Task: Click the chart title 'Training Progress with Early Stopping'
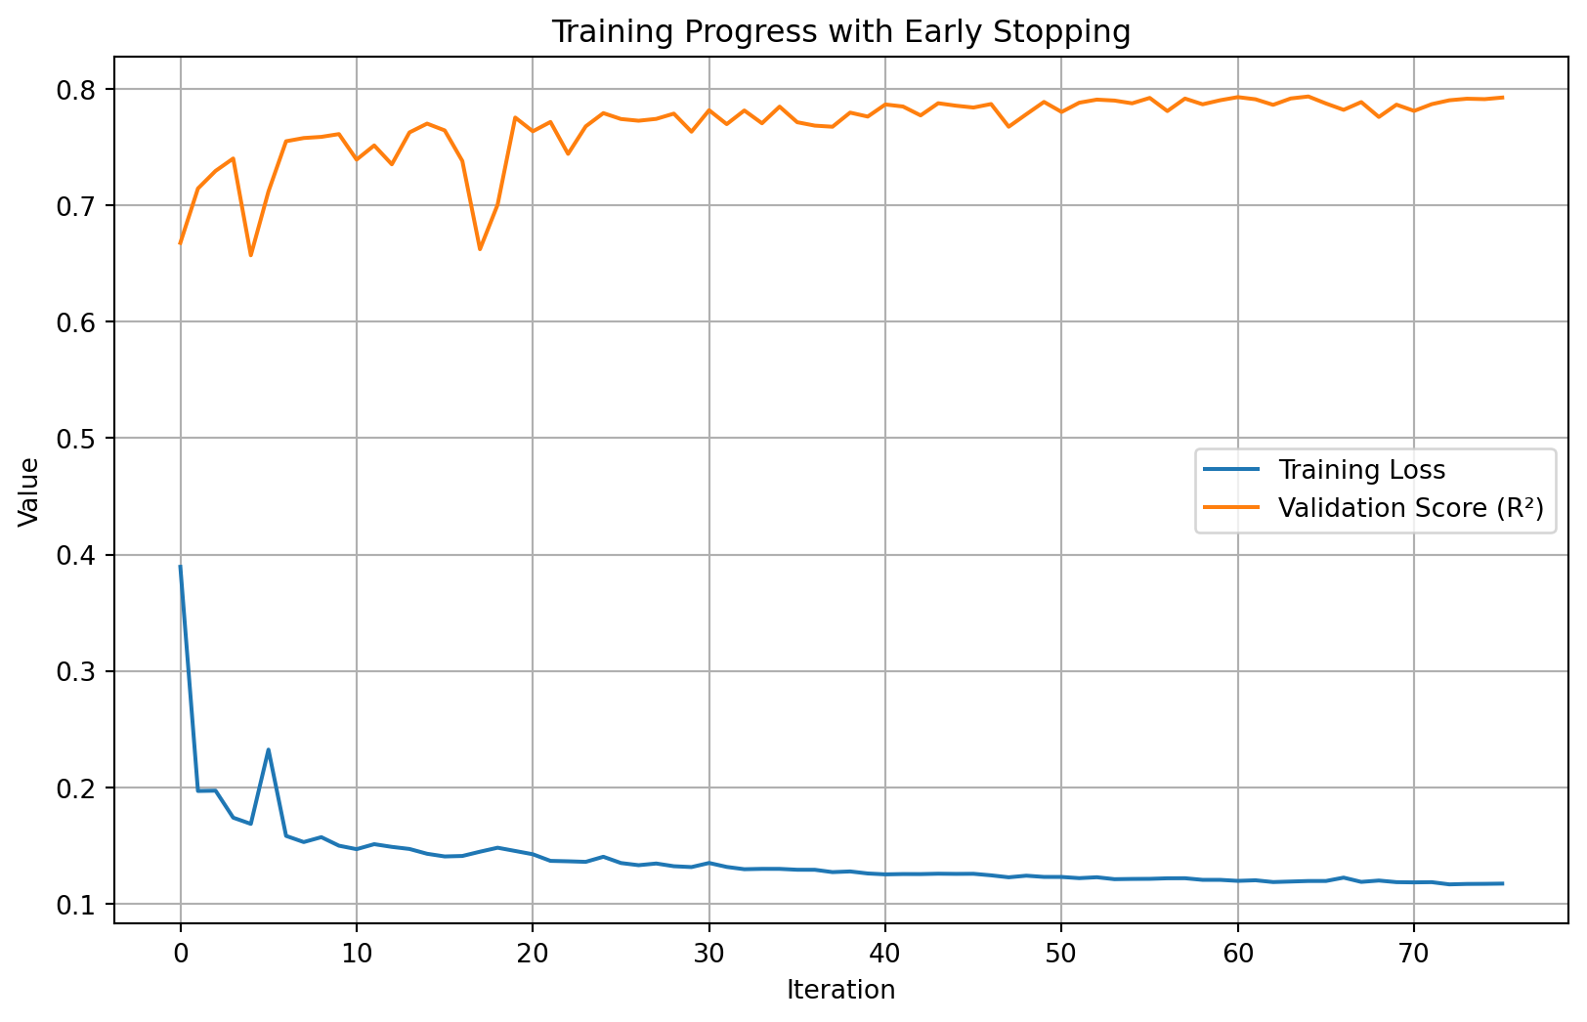840,32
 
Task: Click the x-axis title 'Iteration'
840,991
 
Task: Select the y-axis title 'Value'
29,491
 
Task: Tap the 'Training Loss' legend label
1361,471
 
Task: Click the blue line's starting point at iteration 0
180,567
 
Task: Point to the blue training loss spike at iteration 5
268,749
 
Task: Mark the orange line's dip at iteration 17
480,249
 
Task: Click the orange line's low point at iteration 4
250,255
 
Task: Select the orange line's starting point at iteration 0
180,243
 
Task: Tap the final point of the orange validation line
1502,98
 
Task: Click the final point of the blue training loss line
1502,883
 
